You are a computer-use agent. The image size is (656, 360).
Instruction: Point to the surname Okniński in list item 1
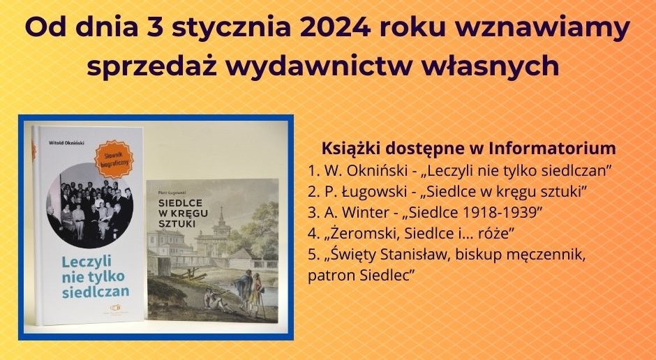pos(377,170)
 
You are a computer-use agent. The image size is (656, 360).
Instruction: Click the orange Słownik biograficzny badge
pos(114,159)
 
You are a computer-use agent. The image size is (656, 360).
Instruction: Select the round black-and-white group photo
pos(89,205)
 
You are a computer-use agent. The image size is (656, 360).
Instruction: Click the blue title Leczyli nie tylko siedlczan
pos(95,276)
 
